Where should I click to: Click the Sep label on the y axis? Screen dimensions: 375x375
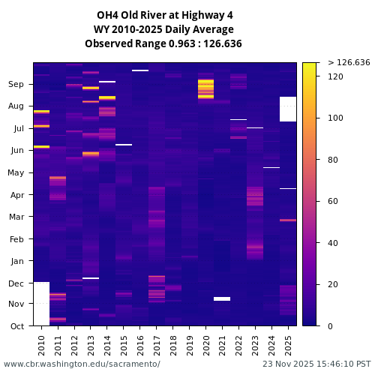pos(16,85)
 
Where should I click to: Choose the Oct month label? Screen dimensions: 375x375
pos(16,326)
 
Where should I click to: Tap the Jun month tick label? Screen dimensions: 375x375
pos(16,151)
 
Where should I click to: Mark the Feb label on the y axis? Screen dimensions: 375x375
pos(16,240)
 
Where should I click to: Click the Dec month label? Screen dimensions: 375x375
pos(16,283)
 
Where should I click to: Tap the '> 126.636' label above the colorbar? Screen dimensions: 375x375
pos(349,62)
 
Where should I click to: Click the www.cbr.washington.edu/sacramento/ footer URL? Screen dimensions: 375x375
pos(82,364)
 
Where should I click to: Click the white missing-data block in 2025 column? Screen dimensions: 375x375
pos(288,109)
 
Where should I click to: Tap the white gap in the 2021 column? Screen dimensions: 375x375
pos(222,298)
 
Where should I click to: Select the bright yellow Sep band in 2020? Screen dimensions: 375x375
pos(205,88)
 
